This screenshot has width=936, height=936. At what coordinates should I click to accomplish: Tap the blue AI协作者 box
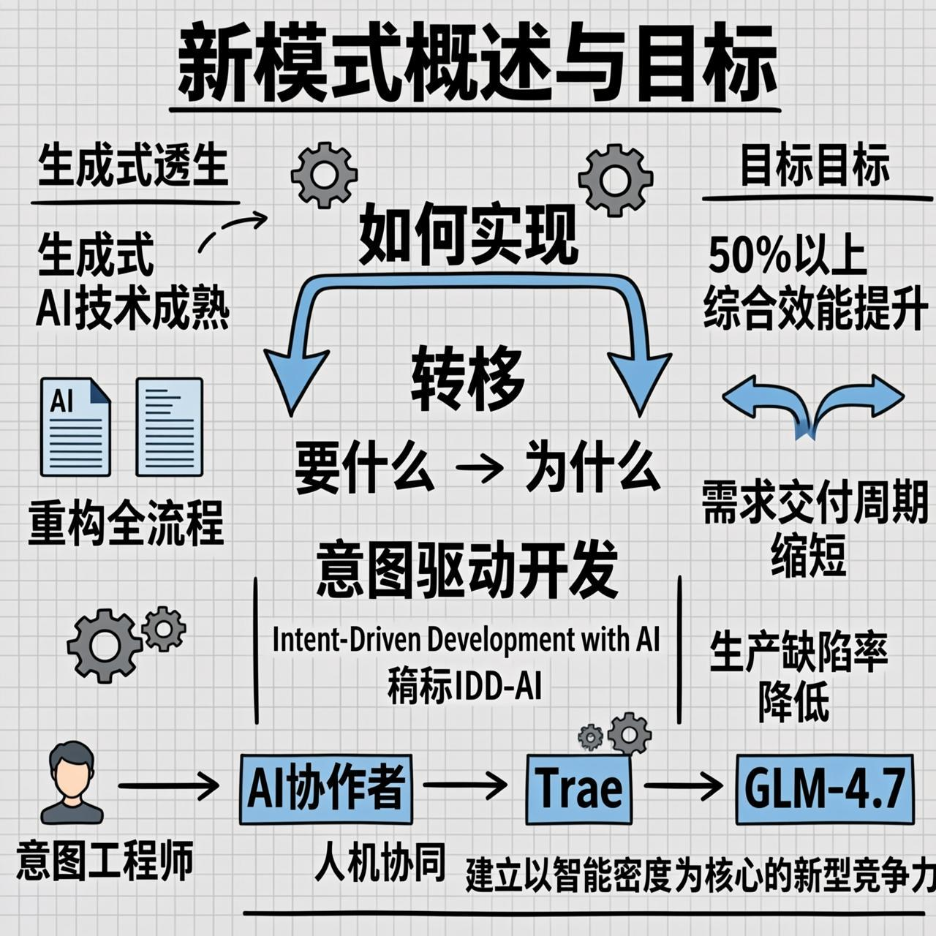325,789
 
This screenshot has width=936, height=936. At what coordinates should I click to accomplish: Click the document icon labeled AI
75,426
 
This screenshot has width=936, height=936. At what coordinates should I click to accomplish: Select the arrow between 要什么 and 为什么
479,469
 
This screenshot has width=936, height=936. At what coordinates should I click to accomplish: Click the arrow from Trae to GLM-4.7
683,787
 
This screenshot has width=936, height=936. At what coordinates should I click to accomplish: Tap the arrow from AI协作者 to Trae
465,786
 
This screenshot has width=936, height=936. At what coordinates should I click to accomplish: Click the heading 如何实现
468,235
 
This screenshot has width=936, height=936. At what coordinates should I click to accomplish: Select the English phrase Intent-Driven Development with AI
466,640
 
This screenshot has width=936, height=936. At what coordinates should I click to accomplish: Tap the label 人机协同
380,863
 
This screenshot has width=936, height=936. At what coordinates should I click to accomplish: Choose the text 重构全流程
126,524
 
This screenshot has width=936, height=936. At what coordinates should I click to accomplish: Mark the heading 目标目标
815,166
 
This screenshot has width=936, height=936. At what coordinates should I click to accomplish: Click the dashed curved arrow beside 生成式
232,230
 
